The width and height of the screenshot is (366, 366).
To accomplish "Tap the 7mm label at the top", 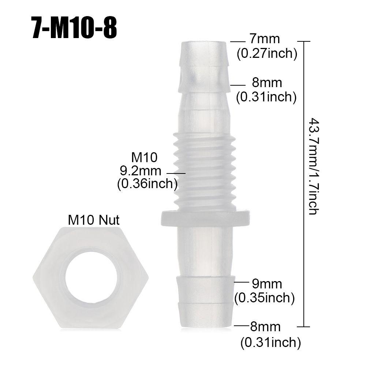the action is coord(265,39).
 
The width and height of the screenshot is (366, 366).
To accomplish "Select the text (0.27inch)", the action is coord(266,54).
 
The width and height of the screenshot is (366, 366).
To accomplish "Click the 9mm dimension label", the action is coord(267,283).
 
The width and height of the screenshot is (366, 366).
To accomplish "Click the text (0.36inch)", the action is coord(147,184).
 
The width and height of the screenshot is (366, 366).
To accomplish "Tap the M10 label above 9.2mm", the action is coord(144,157).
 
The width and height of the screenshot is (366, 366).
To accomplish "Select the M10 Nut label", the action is coord(94,220).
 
